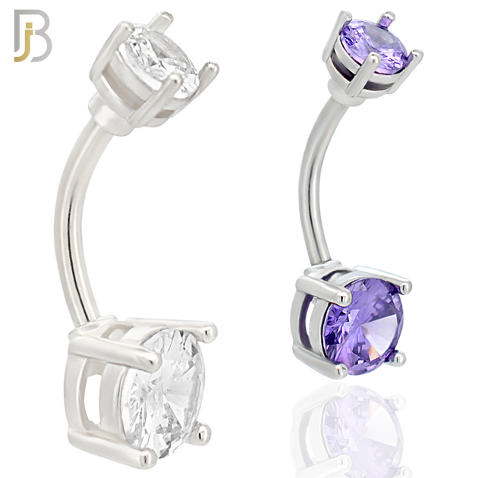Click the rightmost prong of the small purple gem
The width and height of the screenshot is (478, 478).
click(x=417, y=53)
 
